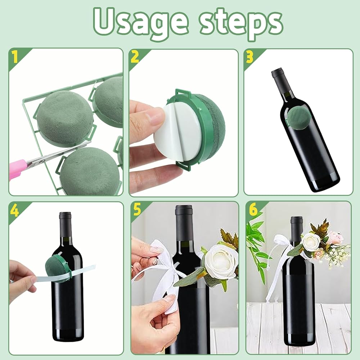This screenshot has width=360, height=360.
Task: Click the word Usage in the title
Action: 141,22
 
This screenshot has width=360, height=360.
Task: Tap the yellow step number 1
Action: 15,57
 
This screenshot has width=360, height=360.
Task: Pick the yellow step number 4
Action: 15,210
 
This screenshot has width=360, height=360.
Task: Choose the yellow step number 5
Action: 137,210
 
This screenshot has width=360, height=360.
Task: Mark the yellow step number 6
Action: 253,210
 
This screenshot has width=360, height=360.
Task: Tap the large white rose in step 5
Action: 220,260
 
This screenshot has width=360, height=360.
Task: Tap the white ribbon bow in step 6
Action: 281,253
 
